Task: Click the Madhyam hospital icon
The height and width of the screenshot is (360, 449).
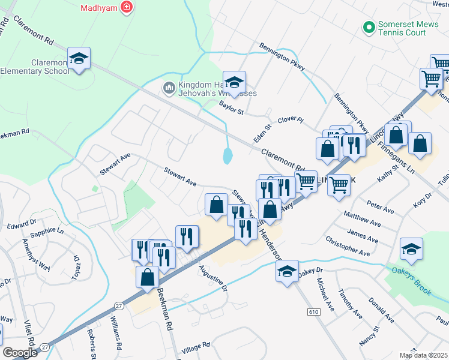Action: [x=127, y=7]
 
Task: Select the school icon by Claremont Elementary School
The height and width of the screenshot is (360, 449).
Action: [x=79, y=59]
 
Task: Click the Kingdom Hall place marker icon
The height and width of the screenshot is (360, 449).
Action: [x=169, y=88]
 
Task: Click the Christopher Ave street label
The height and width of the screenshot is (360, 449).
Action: [x=348, y=246]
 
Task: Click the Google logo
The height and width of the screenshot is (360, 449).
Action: [x=20, y=353]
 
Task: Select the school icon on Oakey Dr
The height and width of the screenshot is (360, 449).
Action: [x=288, y=271]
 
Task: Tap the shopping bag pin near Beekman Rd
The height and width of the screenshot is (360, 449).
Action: [x=147, y=278]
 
